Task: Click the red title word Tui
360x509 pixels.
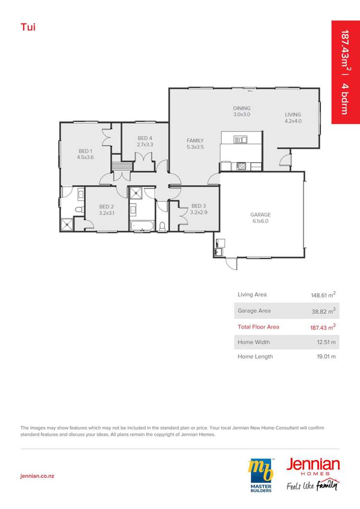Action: [x=28, y=26]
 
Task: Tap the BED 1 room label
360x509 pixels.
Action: [x=85, y=154]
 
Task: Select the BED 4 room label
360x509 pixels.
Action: [x=145, y=141]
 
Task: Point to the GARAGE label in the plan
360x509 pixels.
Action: [x=260, y=218]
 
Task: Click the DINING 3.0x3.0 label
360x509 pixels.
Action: [x=242, y=111]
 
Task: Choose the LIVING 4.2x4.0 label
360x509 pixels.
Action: [x=293, y=118]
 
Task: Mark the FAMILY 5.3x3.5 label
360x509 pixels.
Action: [x=195, y=144]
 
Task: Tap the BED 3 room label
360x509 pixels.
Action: [x=199, y=209]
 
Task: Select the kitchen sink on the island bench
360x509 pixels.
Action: [x=240, y=140]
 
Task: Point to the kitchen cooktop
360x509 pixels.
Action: [x=241, y=167]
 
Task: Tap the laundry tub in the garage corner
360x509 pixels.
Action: [x=220, y=243]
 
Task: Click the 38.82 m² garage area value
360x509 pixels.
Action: [x=323, y=311]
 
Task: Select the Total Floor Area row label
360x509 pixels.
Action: [x=258, y=327]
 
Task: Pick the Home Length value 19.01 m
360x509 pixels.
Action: [x=326, y=356]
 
